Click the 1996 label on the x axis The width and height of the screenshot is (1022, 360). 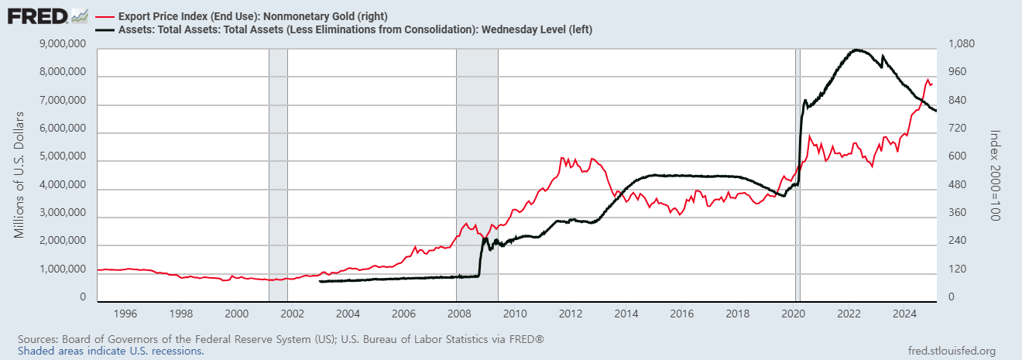(125, 314)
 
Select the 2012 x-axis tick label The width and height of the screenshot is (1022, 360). (571, 314)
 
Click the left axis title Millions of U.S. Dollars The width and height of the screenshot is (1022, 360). (19, 174)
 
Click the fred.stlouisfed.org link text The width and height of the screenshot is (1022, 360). (951, 351)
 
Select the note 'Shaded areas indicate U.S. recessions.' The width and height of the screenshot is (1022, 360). (111, 351)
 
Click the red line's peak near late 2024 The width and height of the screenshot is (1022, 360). (928, 79)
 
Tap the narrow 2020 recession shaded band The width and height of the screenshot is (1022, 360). (797, 174)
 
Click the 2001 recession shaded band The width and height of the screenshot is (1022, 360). (278, 174)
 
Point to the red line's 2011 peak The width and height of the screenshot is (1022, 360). (562, 158)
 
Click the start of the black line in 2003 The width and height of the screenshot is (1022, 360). (320, 281)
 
